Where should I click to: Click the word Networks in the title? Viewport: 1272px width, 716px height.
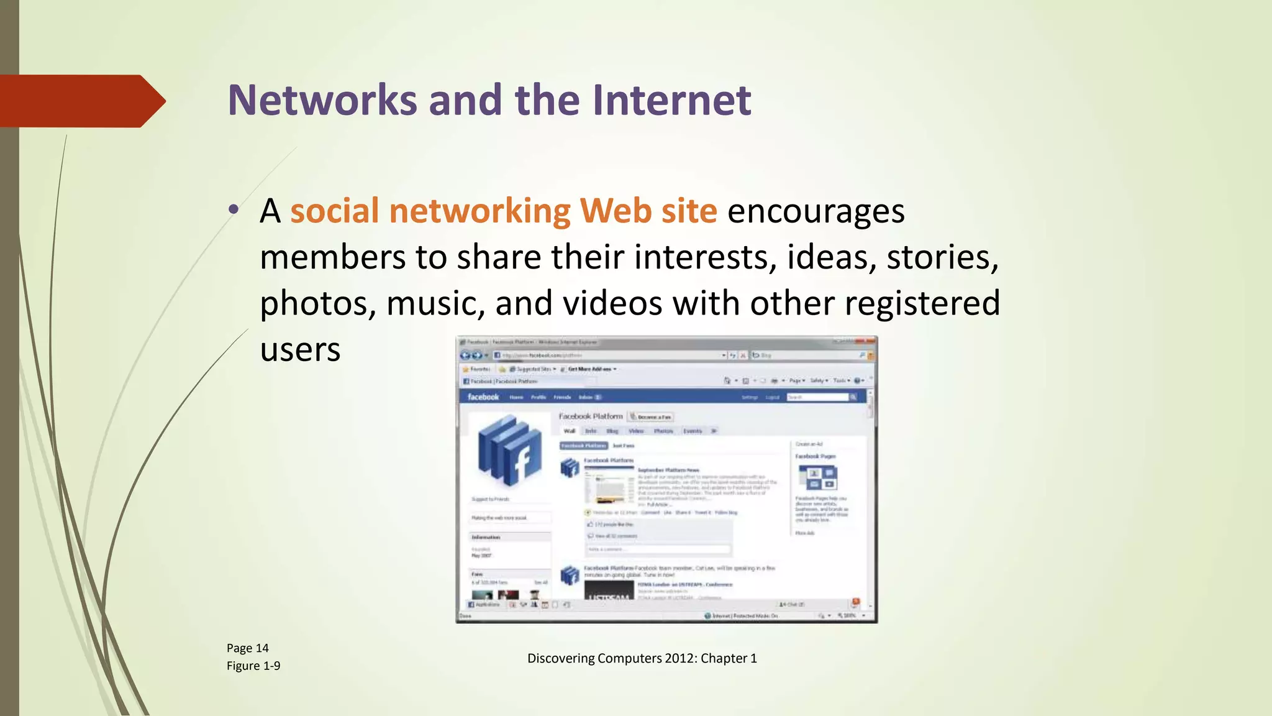pos(322,101)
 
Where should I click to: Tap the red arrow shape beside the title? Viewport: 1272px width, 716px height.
pos(81,101)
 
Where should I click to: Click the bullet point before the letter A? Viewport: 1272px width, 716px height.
pos(233,210)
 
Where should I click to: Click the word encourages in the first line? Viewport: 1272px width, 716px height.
pos(815,211)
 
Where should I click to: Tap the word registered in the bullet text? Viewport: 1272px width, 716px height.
pos(922,304)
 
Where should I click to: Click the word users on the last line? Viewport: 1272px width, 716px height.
pos(300,350)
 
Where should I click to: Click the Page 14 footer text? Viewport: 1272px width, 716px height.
pos(247,648)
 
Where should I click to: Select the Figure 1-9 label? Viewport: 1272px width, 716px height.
pos(253,666)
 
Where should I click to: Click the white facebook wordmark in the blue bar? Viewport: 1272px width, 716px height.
pos(483,397)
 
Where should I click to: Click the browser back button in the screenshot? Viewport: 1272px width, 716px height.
pos(465,356)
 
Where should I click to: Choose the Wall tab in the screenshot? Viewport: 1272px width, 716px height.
pos(570,431)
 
